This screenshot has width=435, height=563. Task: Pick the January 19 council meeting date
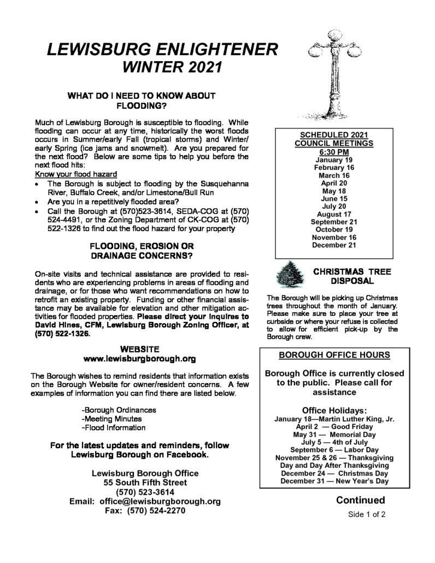click(x=333, y=160)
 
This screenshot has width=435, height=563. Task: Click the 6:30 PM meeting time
click(x=333, y=151)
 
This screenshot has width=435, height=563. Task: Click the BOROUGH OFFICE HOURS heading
click(x=334, y=355)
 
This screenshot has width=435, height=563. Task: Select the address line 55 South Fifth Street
click(x=145, y=483)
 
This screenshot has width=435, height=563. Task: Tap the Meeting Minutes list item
click(x=114, y=418)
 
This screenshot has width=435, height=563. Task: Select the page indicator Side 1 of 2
click(x=367, y=515)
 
